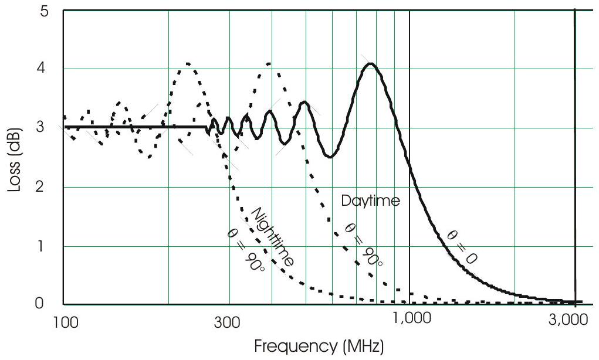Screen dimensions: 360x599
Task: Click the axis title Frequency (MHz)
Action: (x=319, y=347)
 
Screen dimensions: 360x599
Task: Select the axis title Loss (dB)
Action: (x=15, y=158)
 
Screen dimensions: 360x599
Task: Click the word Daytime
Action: (x=371, y=201)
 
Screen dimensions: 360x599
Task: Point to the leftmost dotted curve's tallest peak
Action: (x=188, y=63)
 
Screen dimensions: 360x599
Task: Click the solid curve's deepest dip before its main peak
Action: (x=330, y=157)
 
